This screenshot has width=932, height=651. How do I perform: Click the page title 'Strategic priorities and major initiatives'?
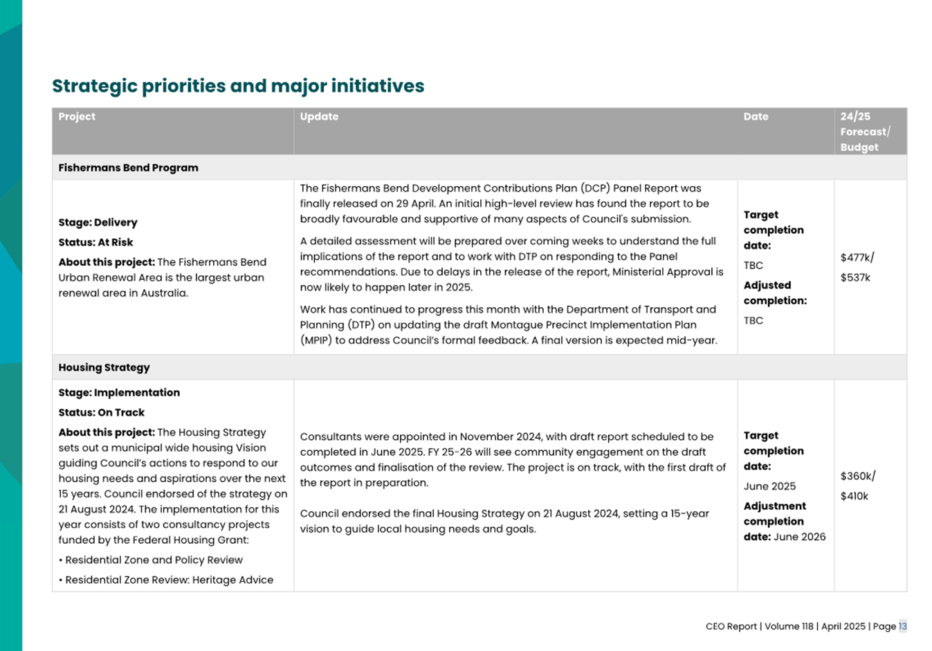[238, 86]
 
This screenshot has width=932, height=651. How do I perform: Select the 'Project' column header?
[77, 116]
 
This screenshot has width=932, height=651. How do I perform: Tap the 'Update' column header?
[319, 116]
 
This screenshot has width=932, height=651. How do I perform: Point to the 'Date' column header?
[756, 116]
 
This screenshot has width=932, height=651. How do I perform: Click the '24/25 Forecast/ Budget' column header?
[865, 131]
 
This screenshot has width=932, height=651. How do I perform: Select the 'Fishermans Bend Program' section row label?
[128, 167]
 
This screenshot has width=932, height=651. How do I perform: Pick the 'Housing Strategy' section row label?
[104, 367]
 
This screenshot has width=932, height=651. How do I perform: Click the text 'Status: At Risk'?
[95, 242]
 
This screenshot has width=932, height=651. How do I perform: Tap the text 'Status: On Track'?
[101, 412]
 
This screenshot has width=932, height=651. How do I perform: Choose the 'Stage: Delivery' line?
[98, 222]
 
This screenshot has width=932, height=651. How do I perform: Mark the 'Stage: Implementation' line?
[119, 392]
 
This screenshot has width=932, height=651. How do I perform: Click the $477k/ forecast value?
[857, 257]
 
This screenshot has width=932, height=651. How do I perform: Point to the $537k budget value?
[855, 277]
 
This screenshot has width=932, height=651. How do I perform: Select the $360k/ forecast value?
[858, 476]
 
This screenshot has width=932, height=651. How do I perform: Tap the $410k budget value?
[855, 496]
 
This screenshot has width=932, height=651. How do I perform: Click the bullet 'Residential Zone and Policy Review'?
[154, 560]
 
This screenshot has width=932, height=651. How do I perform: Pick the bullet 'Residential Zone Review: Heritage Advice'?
[169, 580]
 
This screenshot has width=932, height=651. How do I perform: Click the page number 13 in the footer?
[902, 626]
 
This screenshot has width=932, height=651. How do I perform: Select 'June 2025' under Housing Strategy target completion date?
[769, 486]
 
